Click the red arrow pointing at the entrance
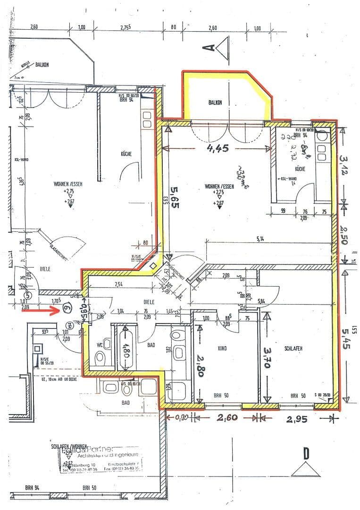click(40, 310)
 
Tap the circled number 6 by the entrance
click(67, 310)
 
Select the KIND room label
click(223, 348)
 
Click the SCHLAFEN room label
click(293, 348)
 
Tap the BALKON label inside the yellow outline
click(215, 102)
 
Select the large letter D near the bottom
click(306, 454)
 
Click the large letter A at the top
click(209, 47)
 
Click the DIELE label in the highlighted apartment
click(150, 300)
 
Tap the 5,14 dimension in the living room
click(260, 239)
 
